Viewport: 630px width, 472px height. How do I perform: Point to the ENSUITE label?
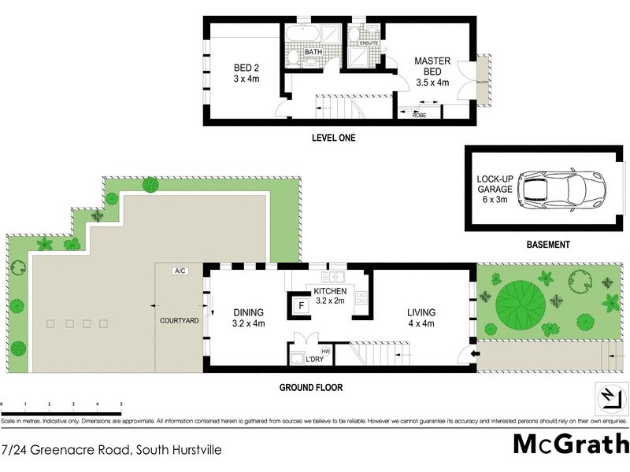tap(369, 42)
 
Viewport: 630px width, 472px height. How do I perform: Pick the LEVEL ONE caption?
tap(334, 138)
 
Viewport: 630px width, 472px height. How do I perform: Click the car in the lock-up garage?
tap(561, 189)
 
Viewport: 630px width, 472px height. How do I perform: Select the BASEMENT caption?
tap(547, 245)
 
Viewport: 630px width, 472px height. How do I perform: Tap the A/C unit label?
tap(180, 271)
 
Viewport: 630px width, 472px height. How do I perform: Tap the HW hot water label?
tap(325, 351)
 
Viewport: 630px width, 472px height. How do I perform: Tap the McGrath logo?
tap(570, 444)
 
